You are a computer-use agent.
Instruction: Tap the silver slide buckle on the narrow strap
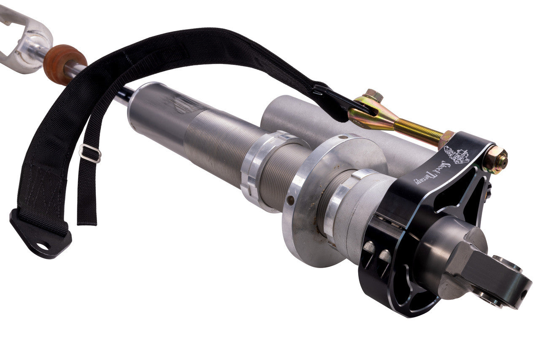click(x=90, y=153)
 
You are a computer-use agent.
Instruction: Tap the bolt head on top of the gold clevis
click(x=374, y=95)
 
